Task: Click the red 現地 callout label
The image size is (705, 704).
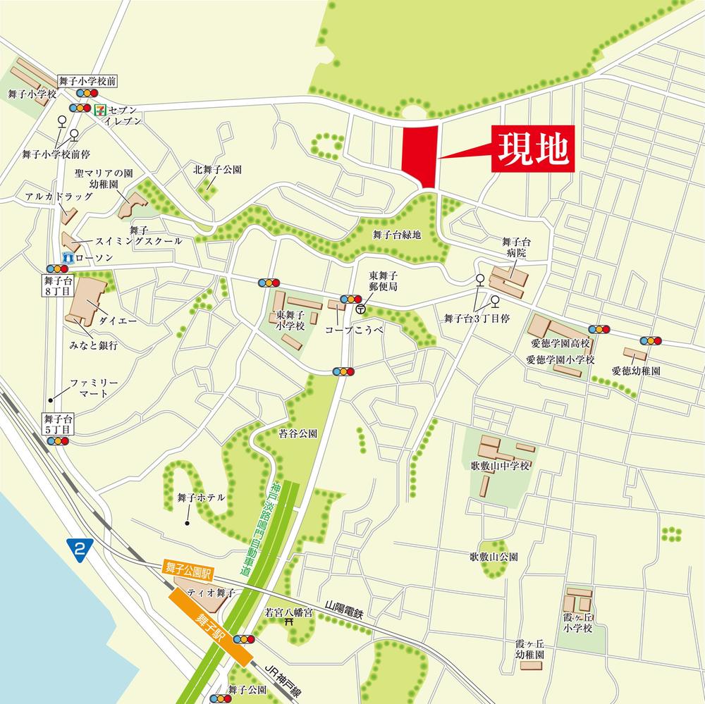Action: click(533, 148)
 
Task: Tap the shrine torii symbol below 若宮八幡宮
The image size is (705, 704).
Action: click(288, 623)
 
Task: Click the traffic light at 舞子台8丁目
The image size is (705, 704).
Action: click(56, 268)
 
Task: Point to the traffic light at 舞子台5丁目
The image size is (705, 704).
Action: click(57, 441)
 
